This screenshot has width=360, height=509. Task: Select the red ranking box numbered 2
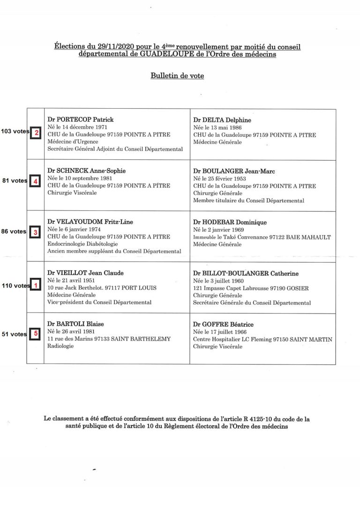(36, 132)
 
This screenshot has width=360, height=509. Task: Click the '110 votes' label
(14, 285)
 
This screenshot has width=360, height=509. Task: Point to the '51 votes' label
(14, 334)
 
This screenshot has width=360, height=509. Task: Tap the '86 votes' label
(14, 232)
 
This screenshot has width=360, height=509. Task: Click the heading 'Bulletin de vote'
(177, 75)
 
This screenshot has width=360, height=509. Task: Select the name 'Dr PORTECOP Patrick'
(81, 120)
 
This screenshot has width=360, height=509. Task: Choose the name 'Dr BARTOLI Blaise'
(76, 324)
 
